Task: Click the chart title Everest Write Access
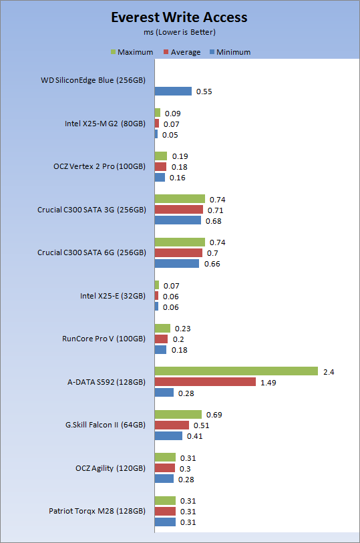click(179, 17)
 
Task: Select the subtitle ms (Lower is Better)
click(180, 32)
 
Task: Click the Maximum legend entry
click(132, 52)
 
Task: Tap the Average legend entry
click(182, 52)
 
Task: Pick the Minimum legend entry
click(230, 52)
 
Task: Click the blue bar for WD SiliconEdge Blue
click(173, 91)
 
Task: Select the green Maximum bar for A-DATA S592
click(236, 371)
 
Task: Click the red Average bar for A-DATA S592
click(205, 382)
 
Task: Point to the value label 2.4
click(329, 372)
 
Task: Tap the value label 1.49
click(268, 383)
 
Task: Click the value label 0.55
click(204, 92)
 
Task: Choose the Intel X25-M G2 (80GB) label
click(105, 124)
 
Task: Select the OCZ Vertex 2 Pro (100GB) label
click(100, 166)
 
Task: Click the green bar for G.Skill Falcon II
click(178, 414)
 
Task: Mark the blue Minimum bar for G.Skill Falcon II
click(168, 435)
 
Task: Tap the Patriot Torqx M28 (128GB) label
click(97, 511)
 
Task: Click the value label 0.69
click(214, 415)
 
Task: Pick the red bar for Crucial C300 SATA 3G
click(179, 210)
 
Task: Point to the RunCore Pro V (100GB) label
click(104, 339)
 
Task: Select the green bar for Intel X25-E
click(157, 285)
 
